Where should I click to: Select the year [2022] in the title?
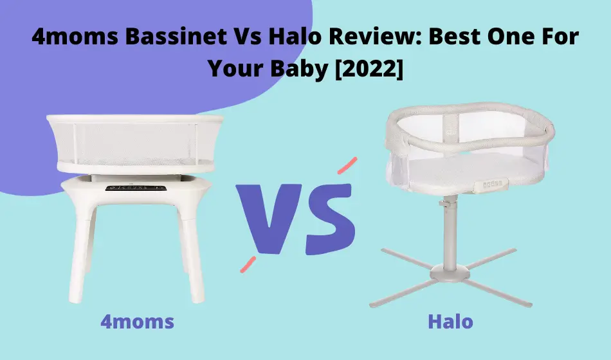369,69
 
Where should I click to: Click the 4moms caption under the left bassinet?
138,322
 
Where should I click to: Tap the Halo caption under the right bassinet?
450,322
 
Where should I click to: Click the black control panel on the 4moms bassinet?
136,188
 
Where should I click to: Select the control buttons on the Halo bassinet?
493,184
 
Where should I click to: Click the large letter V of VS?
269,218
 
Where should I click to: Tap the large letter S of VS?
330,219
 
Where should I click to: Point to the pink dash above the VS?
347,166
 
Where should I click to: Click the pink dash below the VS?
248,264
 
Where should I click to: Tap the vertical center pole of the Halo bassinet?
450,232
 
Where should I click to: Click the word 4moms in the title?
75,37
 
